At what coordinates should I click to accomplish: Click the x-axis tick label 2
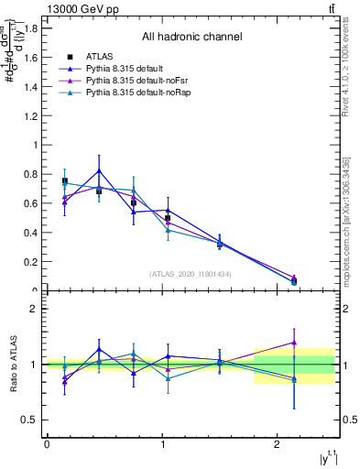click(x=278, y=443)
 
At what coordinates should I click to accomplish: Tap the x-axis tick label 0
click(x=47, y=443)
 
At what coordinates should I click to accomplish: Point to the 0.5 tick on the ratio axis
click(x=30, y=420)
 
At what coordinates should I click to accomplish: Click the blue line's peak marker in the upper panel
click(x=99, y=170)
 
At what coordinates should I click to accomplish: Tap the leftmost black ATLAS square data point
click(x=65, y=180)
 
